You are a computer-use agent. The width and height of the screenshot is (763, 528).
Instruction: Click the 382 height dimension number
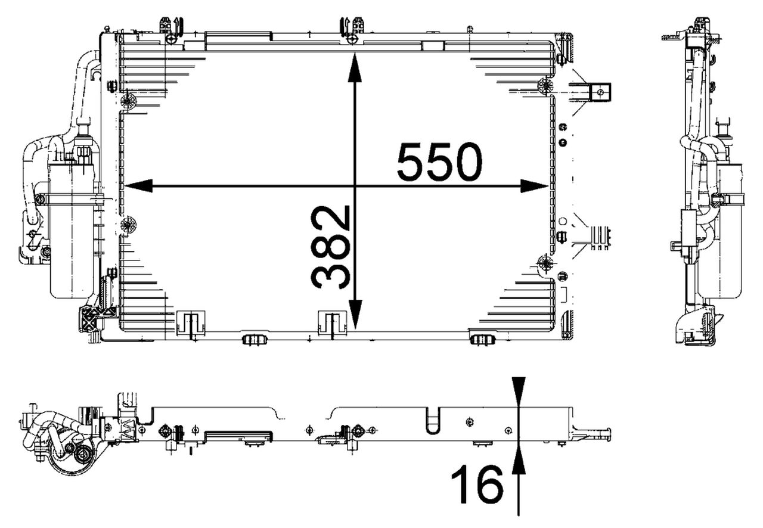[x=330, y=247]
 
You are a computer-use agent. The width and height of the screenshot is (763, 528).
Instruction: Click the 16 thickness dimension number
[x=477, y=484]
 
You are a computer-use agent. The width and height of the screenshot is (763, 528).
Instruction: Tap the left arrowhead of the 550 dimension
[x=138, y=186]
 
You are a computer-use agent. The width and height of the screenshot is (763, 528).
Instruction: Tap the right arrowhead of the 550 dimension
[x=534, y=186]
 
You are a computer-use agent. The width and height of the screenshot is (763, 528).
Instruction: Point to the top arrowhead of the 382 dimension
[x=355, y=67]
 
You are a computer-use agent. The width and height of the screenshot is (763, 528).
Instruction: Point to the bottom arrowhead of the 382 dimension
[x=355, y=315]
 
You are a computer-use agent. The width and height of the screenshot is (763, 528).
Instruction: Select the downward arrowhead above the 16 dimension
[x=519, y=392]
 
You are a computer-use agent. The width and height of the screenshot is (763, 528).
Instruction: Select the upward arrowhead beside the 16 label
[x=519, y=459]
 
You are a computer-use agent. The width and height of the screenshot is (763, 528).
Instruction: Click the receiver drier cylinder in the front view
[x=72, y=232]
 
